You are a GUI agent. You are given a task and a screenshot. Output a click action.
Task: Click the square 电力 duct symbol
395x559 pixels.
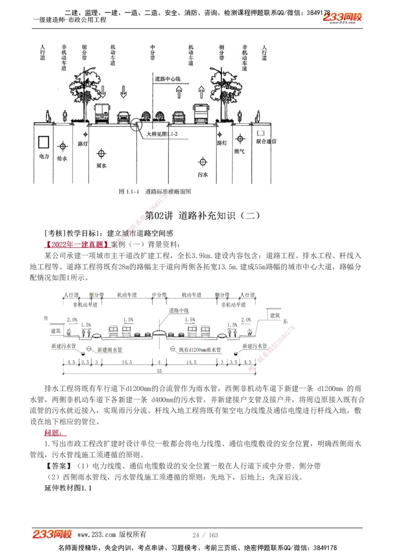click(44, 142)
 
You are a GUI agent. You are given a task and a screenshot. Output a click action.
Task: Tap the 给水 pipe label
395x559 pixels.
click(62, 159)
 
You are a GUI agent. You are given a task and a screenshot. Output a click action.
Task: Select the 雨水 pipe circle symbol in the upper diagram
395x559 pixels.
click(101, 154)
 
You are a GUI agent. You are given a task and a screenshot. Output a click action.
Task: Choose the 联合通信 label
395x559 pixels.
click(266, 141)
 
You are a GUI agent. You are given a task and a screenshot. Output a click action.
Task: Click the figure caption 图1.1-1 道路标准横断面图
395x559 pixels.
click(155, 191)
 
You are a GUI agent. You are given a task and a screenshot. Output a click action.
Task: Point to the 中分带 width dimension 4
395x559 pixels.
click(159, 362)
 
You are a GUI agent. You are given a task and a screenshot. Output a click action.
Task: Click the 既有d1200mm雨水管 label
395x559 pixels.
click(199, 349)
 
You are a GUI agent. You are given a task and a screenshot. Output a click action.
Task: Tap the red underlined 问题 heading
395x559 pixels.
click(52, 433)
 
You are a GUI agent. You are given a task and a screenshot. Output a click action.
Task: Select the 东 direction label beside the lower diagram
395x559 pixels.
click(285, 321)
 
